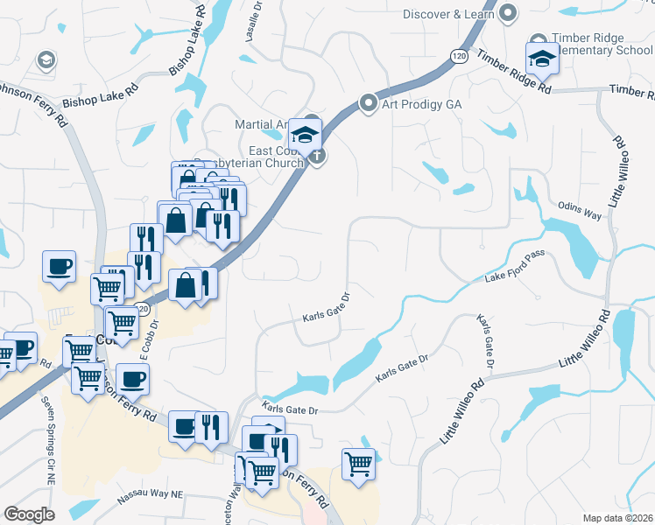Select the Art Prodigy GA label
[421, 103]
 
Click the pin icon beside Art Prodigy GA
[369, 103]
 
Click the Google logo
[29, 514]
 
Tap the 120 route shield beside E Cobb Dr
[141, 306]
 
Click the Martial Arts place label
[261, 125]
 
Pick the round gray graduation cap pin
[46, 59]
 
